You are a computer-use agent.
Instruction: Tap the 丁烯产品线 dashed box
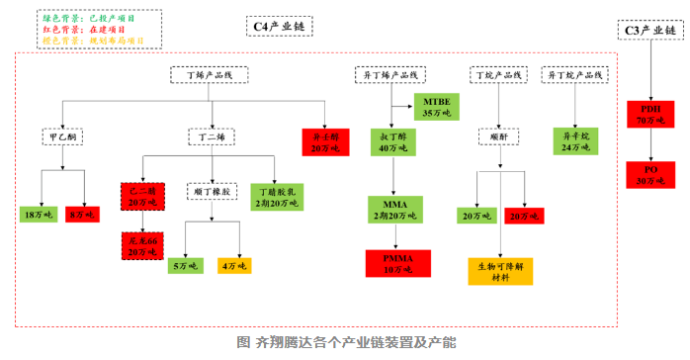[x=209, y=74]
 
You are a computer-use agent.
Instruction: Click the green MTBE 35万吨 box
[x=435, y=108]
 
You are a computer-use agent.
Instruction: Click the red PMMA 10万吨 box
[x=388, y=262]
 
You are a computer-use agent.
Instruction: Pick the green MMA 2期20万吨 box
[x=388, y=209]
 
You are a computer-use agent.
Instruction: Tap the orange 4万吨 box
[x=234, y=265]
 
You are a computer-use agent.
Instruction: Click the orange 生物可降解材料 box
[x=501, y=271]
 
